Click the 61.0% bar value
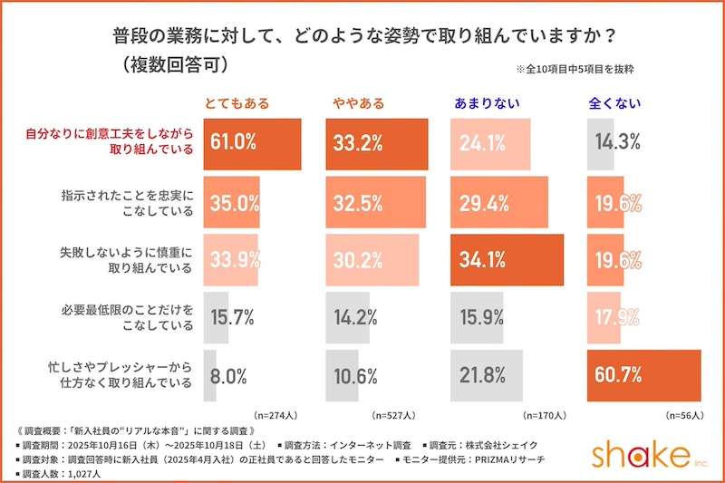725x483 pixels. [234, 143]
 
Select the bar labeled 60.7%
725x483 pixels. [643, 374]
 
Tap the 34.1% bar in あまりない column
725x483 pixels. [507, 259]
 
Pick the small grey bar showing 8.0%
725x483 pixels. [210, 374]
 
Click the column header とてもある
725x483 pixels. [237, 103]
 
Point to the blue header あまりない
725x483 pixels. [486, 103]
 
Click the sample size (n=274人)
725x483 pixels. [276, 415]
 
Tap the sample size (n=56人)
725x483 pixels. [684, 415]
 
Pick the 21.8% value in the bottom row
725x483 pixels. [481, 374]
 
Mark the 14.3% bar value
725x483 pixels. [618, 143]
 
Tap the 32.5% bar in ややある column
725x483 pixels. [375, 201]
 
